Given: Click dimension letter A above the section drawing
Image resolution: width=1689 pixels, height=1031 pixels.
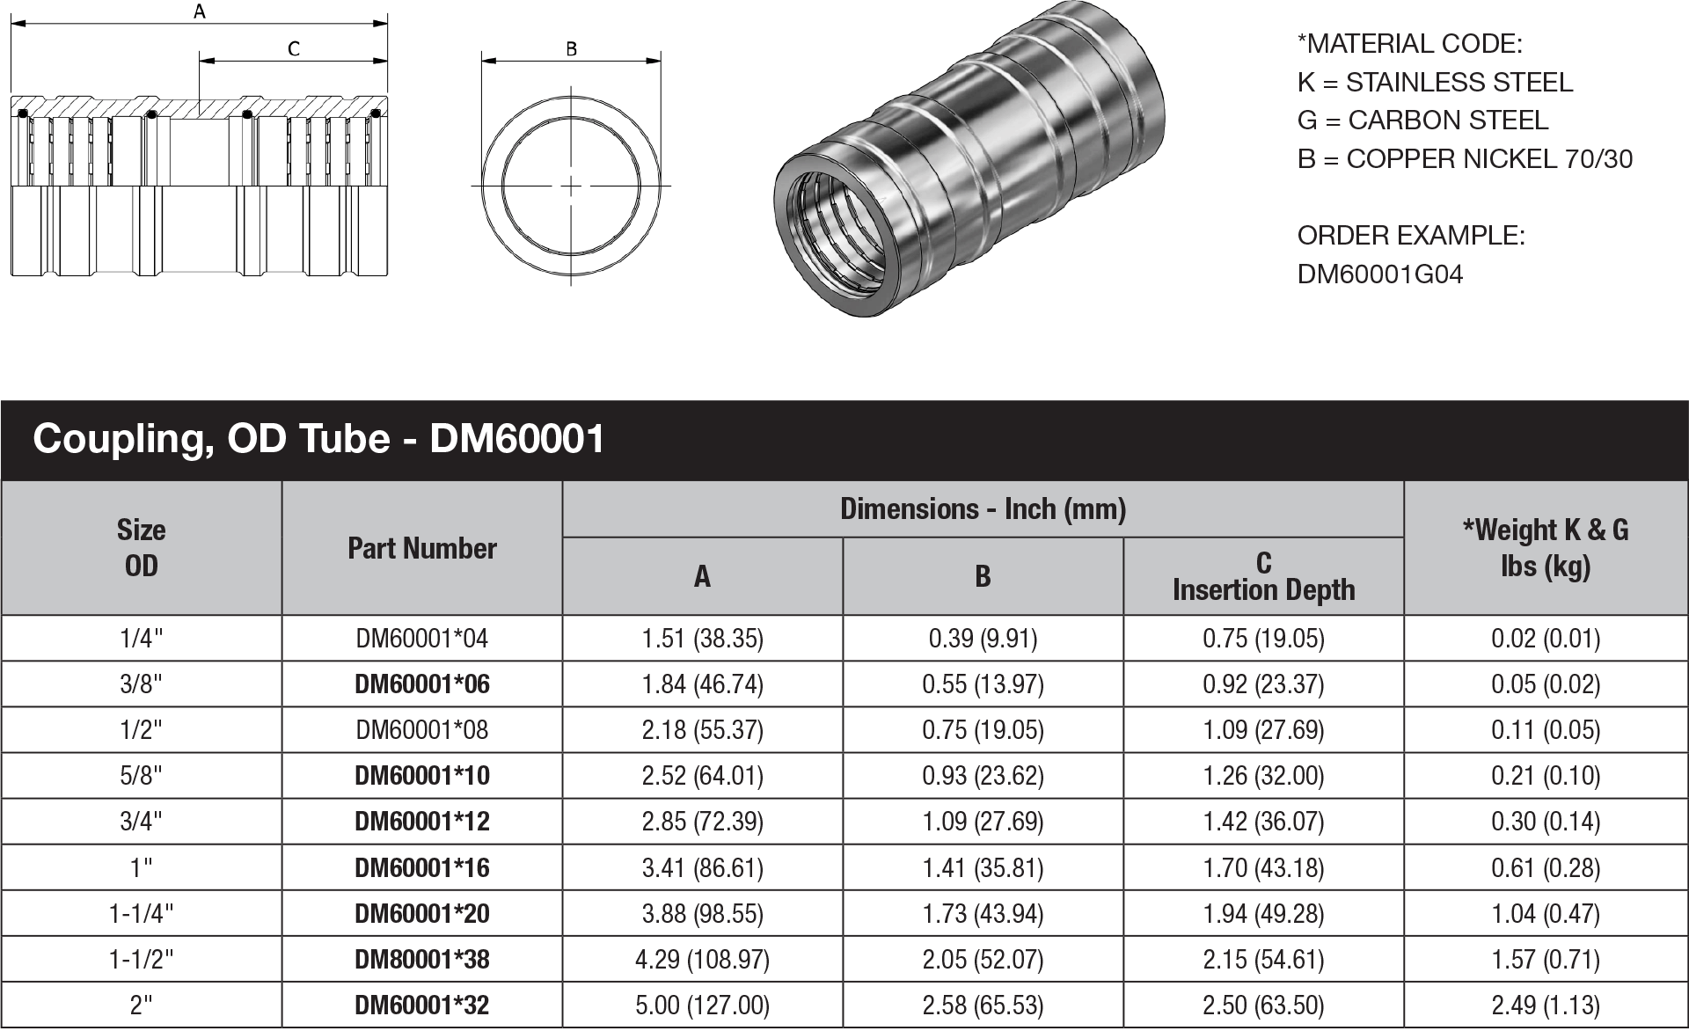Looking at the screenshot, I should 200,11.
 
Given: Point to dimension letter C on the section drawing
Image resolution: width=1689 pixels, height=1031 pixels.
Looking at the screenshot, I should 294,49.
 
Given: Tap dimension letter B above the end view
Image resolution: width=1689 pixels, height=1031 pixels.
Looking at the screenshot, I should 571,49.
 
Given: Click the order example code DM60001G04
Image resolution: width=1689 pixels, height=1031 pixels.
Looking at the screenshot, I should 1379,274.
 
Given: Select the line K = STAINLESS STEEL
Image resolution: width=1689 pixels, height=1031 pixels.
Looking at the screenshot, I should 1434,83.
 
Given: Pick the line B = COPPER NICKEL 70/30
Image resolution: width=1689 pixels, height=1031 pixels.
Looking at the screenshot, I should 1464,159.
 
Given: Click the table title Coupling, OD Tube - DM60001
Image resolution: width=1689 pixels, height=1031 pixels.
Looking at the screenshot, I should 318,438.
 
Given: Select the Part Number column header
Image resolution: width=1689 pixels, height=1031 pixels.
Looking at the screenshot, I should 421,548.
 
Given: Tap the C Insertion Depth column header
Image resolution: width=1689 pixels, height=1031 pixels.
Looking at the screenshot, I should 1263,576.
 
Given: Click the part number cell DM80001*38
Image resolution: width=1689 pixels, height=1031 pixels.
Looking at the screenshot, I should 421,959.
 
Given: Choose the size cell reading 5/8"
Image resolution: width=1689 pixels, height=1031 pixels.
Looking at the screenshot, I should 141,776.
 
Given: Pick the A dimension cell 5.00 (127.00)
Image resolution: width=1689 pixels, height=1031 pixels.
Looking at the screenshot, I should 702,1005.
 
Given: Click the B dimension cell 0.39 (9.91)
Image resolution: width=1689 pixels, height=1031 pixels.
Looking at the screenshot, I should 983,639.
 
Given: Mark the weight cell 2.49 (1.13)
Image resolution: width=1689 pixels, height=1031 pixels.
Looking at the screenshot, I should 1545,1005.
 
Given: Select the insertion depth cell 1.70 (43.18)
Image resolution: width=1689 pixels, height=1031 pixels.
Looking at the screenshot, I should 1263,868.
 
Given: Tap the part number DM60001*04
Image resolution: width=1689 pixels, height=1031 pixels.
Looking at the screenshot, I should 421,639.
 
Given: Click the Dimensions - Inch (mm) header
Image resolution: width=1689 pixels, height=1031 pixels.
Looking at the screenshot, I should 983,508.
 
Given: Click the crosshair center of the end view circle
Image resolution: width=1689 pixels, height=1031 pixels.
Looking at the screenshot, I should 572,186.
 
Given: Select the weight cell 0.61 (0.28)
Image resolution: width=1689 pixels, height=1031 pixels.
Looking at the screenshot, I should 1545,868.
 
